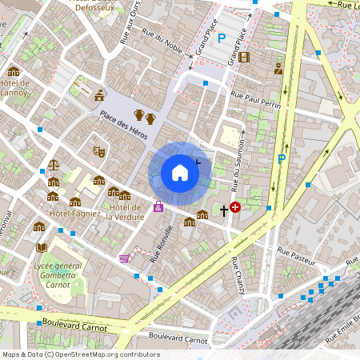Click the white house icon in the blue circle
click(x=180, y=172)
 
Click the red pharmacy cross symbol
click(x=235, y=207)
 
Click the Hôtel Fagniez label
click(x=75, y=214)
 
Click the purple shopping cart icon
click(x=124, y=258)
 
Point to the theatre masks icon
click(x=99, y=150)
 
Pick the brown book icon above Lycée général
click(x=42, y=247)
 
